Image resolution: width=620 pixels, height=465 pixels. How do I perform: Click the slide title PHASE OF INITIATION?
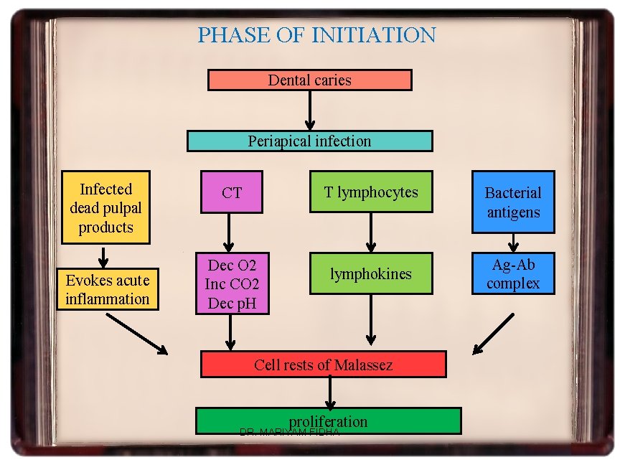[316, 34]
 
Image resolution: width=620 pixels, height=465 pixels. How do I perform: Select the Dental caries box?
[309, 80]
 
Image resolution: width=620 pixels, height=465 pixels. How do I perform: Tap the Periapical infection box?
[309, 141]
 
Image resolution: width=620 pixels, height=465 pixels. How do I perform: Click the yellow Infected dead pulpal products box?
[105, 207]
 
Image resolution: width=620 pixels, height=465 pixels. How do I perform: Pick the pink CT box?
[232, 192]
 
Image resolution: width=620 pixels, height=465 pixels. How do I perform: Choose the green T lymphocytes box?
[370, 192]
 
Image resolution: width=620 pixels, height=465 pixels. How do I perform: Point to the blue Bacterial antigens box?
[512, 202]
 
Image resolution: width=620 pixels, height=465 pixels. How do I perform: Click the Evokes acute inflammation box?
[107, 289]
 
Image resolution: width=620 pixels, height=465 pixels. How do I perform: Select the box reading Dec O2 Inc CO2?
[232, 283]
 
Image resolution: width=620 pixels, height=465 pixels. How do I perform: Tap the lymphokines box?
[370, 273]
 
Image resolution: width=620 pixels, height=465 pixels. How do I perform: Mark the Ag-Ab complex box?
[512, 273]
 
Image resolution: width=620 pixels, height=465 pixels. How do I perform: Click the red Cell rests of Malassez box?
[323, 365]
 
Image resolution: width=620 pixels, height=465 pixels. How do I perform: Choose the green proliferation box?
[329, 421]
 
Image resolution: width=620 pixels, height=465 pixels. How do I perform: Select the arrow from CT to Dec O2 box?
[230, 231]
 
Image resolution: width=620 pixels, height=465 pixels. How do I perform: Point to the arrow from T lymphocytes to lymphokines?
[370, 231]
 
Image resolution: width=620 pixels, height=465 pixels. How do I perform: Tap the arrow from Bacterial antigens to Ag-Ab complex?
[514, 243]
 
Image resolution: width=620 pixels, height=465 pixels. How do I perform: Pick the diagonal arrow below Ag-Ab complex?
[494, 333]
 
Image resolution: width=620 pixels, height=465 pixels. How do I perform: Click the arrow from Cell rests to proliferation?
[330, 392]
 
